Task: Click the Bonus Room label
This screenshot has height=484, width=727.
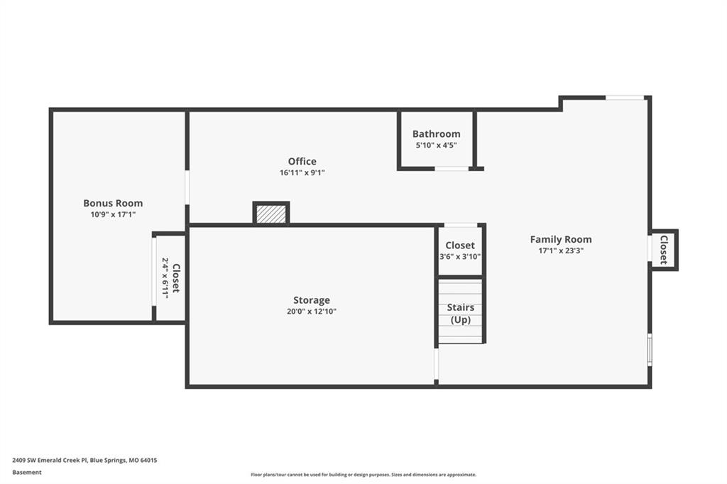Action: coord(113,203)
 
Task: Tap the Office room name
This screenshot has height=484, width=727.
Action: coord(302,161)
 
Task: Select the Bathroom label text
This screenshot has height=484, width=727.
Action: coord(437,134)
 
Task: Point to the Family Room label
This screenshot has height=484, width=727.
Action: coord(561,240)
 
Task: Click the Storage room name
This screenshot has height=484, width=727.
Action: coord(312,300)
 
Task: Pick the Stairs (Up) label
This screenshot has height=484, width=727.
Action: coord(461,314)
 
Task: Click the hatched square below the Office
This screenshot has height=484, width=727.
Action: coord(271,214)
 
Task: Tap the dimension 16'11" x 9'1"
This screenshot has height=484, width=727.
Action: coord(302,173)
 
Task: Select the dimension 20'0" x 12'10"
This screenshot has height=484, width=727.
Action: coord(312,312)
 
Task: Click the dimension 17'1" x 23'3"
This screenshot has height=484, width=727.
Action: coord(561,251)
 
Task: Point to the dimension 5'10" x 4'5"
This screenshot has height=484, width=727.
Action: coord(437,145)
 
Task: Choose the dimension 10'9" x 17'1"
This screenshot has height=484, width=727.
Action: coord(113,214)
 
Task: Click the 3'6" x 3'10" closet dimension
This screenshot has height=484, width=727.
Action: coord(460,257)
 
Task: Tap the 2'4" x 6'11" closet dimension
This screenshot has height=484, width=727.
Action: coord(165,278)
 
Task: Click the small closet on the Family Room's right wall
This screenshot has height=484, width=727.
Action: coord(664,250)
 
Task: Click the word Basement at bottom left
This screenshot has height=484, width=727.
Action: coord(27,473)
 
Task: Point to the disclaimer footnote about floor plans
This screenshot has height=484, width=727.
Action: coord(363,475)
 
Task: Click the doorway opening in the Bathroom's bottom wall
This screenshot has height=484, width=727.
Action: coord(452,169)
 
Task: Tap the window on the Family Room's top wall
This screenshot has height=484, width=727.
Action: coord(625,98)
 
